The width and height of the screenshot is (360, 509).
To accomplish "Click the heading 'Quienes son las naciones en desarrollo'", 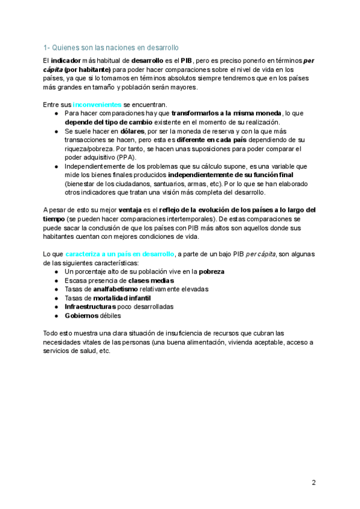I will click(115, 47).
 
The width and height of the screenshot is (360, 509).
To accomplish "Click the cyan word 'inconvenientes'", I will click(97, 104).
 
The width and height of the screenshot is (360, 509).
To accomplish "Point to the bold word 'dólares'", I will click(132, 131).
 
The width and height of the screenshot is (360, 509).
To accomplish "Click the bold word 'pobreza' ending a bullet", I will click(211, 272).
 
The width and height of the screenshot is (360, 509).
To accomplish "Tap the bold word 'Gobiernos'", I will click(83, 315).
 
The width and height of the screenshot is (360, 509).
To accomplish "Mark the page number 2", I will click(313, 482).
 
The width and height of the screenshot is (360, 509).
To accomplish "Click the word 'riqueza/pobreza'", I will click(88, 148).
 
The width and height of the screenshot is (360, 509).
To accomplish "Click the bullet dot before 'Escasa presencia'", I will click(56, 280).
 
